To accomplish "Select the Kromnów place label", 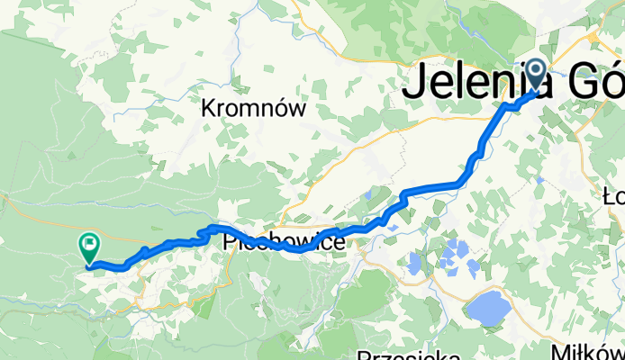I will pos(255,110).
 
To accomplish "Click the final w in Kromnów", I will pos(298,110).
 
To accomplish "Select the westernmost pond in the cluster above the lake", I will pos(413,263).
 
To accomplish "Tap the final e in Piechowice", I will pos(340,243).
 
